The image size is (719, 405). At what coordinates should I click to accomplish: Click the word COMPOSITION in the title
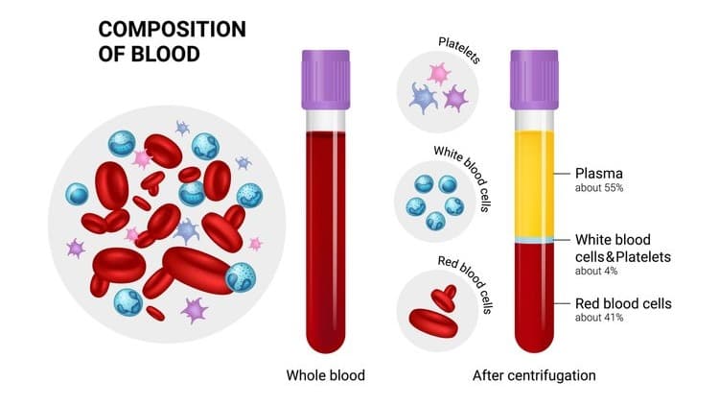[x=172, y=30]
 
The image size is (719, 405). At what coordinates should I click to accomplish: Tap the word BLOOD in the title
[x=166, y=54]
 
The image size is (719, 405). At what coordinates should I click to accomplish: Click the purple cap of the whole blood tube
[x=326, y=80]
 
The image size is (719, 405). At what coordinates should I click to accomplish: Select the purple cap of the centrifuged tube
[x=534, y=80]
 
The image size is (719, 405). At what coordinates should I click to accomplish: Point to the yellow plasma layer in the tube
[x=534, y=183]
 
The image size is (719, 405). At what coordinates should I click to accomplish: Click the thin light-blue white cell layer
[x=534, y=240]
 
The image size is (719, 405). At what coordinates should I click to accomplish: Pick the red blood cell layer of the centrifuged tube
[x=534, y=298]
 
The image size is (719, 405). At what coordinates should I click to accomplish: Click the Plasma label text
[x=599, y=174]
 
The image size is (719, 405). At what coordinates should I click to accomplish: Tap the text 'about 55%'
[x=599, y=188]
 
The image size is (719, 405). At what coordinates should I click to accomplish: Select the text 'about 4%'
[x=596, y=271]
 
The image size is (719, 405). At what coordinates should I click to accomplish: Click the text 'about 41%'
[x=599, y=318]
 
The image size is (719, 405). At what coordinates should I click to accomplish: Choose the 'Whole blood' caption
[x=326, y=375]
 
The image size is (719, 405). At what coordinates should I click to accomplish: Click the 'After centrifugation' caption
[x=534, y=375]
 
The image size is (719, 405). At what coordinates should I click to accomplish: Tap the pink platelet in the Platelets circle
[x=439, y=74]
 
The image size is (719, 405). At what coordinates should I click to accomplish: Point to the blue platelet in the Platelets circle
[x=423, y=98]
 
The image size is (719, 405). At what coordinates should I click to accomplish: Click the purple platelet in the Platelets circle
[x=455, y=98]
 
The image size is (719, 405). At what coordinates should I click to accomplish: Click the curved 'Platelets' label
[x=459, y=50]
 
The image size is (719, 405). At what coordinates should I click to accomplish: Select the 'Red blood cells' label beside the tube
[x=623, y=303]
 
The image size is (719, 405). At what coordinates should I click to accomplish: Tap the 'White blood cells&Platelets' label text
[x=623, y=248]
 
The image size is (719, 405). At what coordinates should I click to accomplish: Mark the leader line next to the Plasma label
[x=561, y=174]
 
